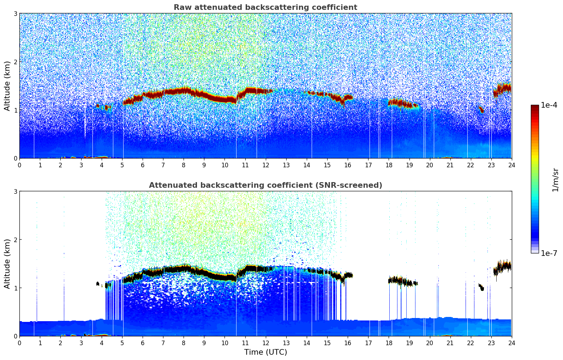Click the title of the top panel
[x=265, y=7]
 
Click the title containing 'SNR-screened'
[x=265, y=185]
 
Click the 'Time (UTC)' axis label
[x=265, y=352]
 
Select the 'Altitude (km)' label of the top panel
[x=7, y=86]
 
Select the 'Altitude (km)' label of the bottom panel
[x=7, y=264]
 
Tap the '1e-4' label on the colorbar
[x=549, y=105]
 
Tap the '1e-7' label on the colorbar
[x=549, y=253]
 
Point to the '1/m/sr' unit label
[x=555, y=180]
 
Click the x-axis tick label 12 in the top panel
[x=265, y=165]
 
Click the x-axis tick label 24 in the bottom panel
[x=511, y=343]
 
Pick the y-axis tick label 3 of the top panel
[x=15, y=13]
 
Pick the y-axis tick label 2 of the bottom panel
[x=15, y=240]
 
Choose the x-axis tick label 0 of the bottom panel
[x=19, y=343]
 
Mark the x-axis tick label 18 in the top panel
[x=389, y=165]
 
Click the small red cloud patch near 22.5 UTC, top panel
[x=481, y=109]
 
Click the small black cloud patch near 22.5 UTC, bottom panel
[x=481, y=287]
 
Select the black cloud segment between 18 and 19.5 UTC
[x=401, y=282]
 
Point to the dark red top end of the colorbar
[x=535, y=106]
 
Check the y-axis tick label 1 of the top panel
[x=15, y=110]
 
